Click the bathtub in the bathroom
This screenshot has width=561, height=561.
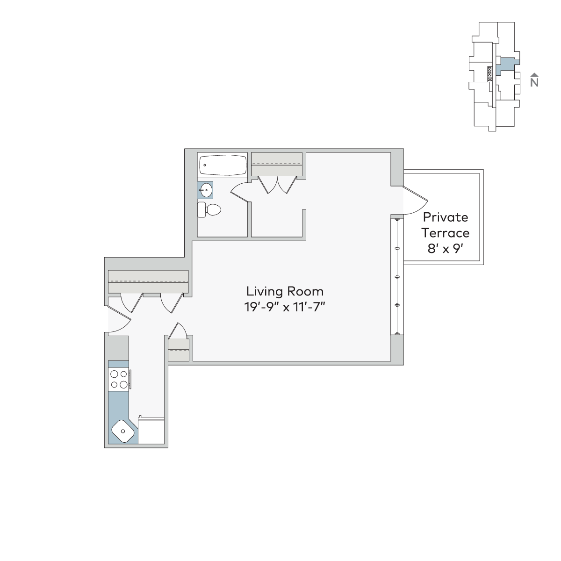click(223, 165)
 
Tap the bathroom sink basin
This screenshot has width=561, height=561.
click(206, 190)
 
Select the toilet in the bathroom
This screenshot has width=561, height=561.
click(209, 209)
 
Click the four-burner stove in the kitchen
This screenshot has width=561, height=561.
click(119, 379)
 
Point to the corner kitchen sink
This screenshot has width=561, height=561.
click(123, 431)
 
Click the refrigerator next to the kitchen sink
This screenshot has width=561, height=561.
click(151, 431)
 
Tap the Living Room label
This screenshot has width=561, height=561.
click(285, 291)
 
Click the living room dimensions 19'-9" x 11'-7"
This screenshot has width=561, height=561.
click(285, 307)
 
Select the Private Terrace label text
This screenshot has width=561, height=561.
click(446, 225)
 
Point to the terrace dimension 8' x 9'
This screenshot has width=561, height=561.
click(446, 249)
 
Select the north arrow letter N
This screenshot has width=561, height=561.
click(534, 83)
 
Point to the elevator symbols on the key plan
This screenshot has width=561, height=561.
click(489, 74)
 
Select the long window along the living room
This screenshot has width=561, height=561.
click(397, 277)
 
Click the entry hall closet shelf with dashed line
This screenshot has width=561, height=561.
click(148, 281)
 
